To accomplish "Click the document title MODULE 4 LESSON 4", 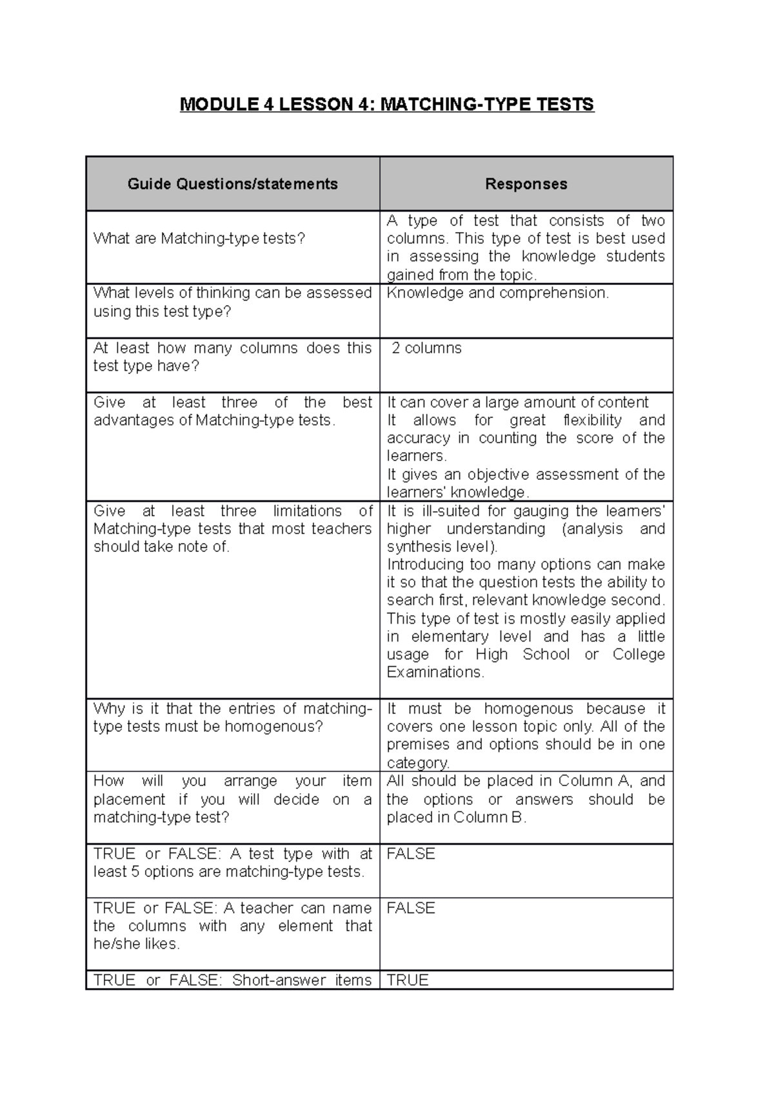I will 386,104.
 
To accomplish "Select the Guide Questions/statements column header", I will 232,184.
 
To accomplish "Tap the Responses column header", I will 526,184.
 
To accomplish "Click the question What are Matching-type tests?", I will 199,239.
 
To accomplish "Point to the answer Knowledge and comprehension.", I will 497,293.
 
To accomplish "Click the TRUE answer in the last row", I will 408,980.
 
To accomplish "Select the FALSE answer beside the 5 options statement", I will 411,854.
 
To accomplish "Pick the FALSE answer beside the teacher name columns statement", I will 411,908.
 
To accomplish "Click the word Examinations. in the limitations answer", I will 435,672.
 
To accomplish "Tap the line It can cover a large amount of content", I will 517,402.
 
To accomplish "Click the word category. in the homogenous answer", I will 418,763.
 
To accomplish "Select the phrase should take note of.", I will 161,547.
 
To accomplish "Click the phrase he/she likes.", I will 137,944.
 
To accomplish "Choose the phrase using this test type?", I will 162,311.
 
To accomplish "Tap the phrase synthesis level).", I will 442,547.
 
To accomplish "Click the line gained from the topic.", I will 462,275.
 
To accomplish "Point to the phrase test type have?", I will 146,366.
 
